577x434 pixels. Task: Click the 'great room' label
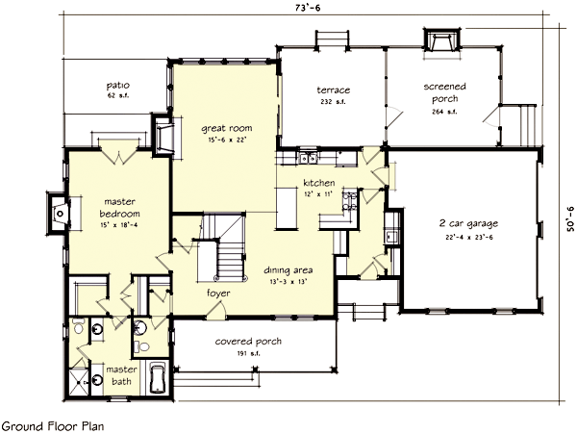click(x=225, y=127)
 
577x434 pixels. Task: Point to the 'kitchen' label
click(x=318, y=182)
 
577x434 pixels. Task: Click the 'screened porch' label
click(x=444, y=92)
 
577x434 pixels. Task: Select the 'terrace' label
click(x=334, y=90)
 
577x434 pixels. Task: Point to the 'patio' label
click(x=118, y=86)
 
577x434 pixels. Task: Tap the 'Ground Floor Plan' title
click(x=52, y=424)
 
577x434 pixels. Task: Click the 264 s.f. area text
click(x=444, y=111)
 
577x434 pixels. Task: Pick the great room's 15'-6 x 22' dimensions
click(x=225, y=139)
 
